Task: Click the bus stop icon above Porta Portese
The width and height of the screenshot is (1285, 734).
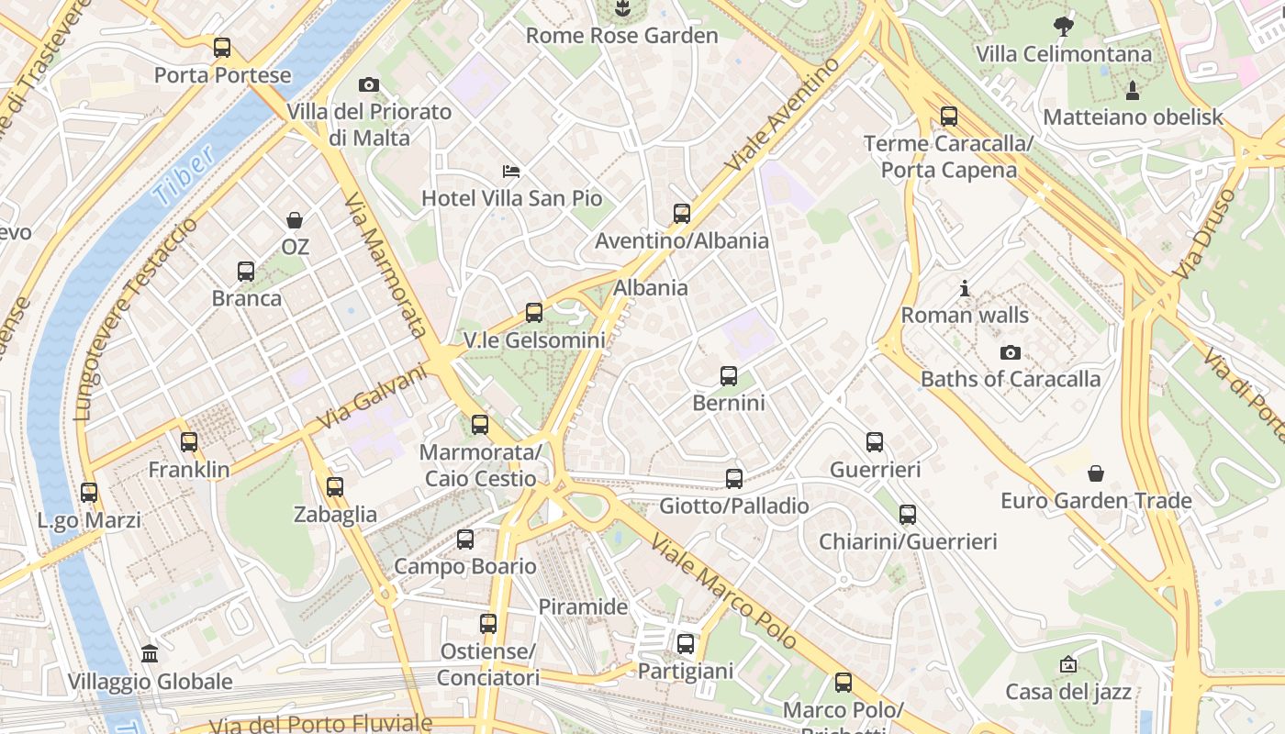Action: [x=222, y=48]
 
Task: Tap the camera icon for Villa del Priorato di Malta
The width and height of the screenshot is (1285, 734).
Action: [x=369, y=85]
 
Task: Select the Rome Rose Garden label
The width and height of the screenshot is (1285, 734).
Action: [x=621, y=36]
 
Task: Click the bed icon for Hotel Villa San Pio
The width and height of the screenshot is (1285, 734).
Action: [x=511, y=172]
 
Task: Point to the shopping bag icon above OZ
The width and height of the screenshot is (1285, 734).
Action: [x=295, y=220]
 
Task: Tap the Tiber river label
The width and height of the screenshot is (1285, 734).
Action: [x=184, y=174]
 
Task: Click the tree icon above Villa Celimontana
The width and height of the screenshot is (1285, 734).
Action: [x=1064, y=26]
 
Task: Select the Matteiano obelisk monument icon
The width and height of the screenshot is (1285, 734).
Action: [x=1133, y=90]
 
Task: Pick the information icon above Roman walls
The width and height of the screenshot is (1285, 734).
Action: [x=965, y=289]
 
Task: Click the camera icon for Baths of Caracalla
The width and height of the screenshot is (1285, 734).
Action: [x=1011, y=352]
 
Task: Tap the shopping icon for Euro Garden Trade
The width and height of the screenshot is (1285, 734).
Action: [x=1096, y=473]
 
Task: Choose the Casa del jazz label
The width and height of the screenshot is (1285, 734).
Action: [x=1068, y=692]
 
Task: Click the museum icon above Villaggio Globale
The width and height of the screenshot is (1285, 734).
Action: [x=150, y=654]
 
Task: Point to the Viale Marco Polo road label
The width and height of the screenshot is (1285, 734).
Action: [x=724, y=593]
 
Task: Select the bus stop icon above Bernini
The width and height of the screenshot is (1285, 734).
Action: [x=729, y=376]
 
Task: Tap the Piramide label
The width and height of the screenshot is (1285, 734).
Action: [x=583, y=606]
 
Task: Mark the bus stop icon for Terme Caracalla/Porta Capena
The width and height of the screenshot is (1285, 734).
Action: [x=949, y=117]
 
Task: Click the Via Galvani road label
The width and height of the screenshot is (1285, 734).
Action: [x=373, y=397]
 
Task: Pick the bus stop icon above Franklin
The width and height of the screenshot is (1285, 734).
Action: [x=189, y=442]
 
